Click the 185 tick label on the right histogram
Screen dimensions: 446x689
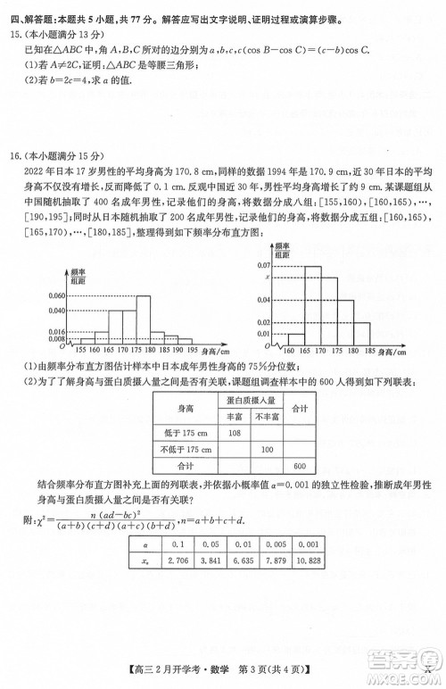tap(389, 349)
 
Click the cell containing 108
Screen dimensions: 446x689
tap(235, 432)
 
